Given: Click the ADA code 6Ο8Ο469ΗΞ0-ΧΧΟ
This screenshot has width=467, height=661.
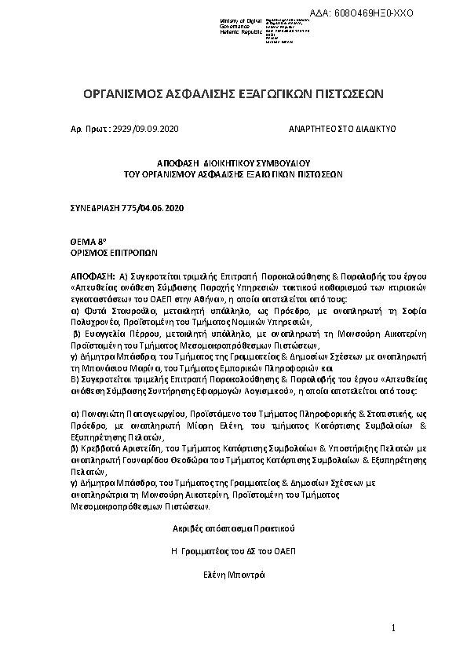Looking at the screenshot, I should point(373,13).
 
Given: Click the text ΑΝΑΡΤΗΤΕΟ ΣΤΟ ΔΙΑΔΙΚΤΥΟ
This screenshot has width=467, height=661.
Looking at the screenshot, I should point(342,127).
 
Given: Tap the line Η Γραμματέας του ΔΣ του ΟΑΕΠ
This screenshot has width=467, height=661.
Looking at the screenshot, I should point(233,551).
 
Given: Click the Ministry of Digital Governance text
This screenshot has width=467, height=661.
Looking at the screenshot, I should point(223,24).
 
